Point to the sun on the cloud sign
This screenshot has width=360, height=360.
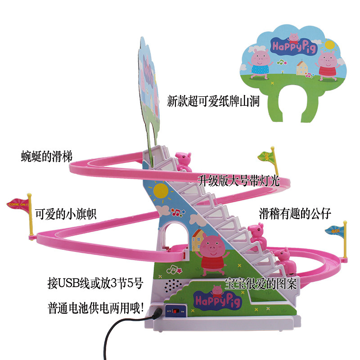[x=329, y=45]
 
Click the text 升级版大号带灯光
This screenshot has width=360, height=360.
[x=239, y=181]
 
